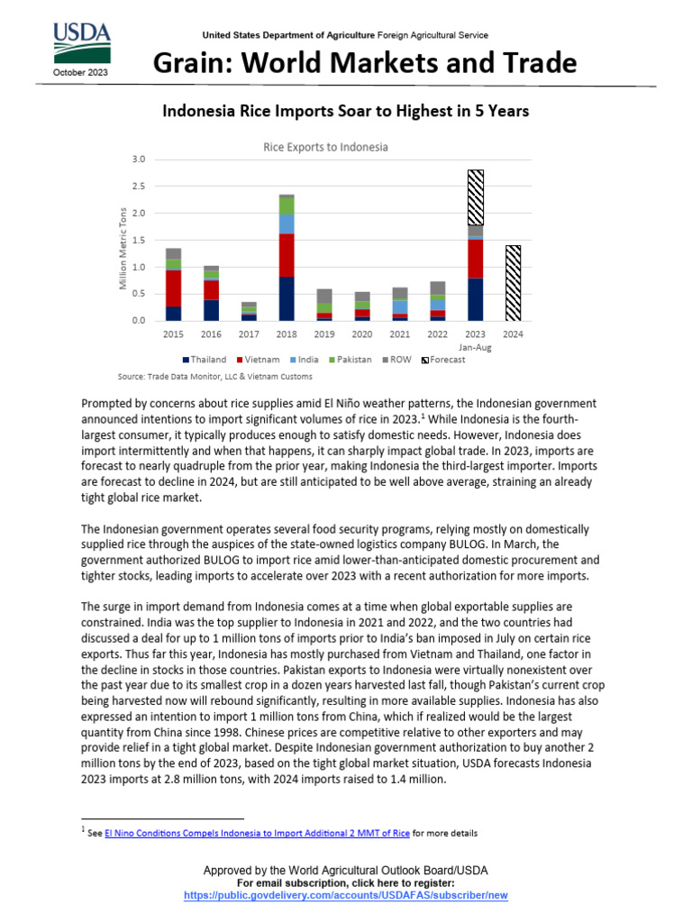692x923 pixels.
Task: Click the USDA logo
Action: click(81, 41)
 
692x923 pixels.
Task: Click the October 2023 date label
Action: click(81, 71)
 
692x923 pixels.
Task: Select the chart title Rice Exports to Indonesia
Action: click(325, 147)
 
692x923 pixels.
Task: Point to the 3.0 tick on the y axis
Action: click(138, 160)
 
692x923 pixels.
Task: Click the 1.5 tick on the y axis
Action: click(138, 241)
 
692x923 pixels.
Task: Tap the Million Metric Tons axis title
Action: click(124, 249)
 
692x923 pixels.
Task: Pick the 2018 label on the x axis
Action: click(287, 334)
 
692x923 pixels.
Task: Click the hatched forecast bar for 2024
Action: click(513, 283)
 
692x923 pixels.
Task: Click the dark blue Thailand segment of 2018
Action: click(287, 299)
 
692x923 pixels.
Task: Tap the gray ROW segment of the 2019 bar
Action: click(324, 297)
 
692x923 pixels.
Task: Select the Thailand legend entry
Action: click(203, 359)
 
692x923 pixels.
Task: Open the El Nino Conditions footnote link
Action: click(257, 833)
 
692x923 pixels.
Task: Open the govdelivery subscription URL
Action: click(346, 895)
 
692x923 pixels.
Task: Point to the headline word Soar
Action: click(325, 111)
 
